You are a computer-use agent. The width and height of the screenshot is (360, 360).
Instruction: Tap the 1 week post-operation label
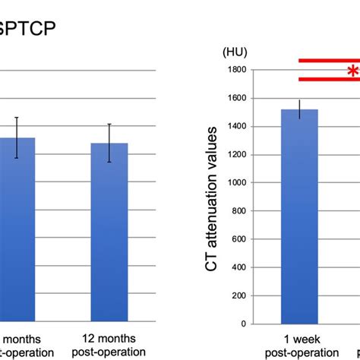[299, 346]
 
